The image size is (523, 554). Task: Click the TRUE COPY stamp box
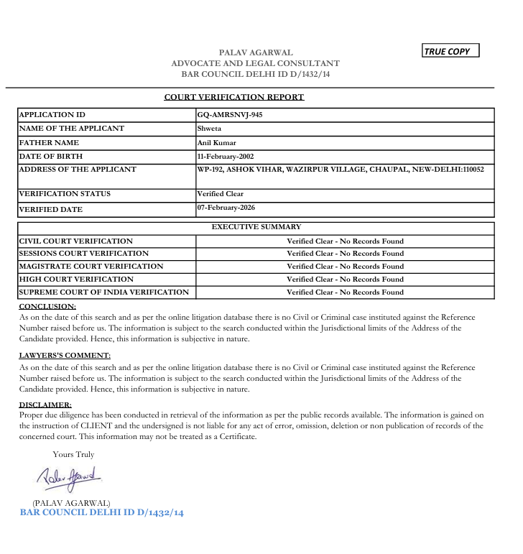tap(450, 51)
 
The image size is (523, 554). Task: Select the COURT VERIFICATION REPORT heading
tap(233, 97)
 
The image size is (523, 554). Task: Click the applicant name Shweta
tap(209, 129)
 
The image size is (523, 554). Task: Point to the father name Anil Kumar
tap(217, 143)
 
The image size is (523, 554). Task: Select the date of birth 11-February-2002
tap(226, 156)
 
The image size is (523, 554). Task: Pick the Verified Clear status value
tap(221, 194)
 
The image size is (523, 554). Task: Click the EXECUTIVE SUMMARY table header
tap(256, 227)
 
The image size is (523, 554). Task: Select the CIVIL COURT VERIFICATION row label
tap(76, 241)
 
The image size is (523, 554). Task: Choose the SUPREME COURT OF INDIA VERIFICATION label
tap(104, 292)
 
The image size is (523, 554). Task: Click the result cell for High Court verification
tap(345, 280)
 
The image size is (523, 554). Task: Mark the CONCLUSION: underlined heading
tap(47, 307)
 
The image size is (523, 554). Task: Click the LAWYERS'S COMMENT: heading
tap(65, 356)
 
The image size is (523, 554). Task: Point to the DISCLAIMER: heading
tap(45, 405)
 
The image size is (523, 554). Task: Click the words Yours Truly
tap(73, 454)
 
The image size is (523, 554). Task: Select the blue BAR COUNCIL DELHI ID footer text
tap(101, 513)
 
